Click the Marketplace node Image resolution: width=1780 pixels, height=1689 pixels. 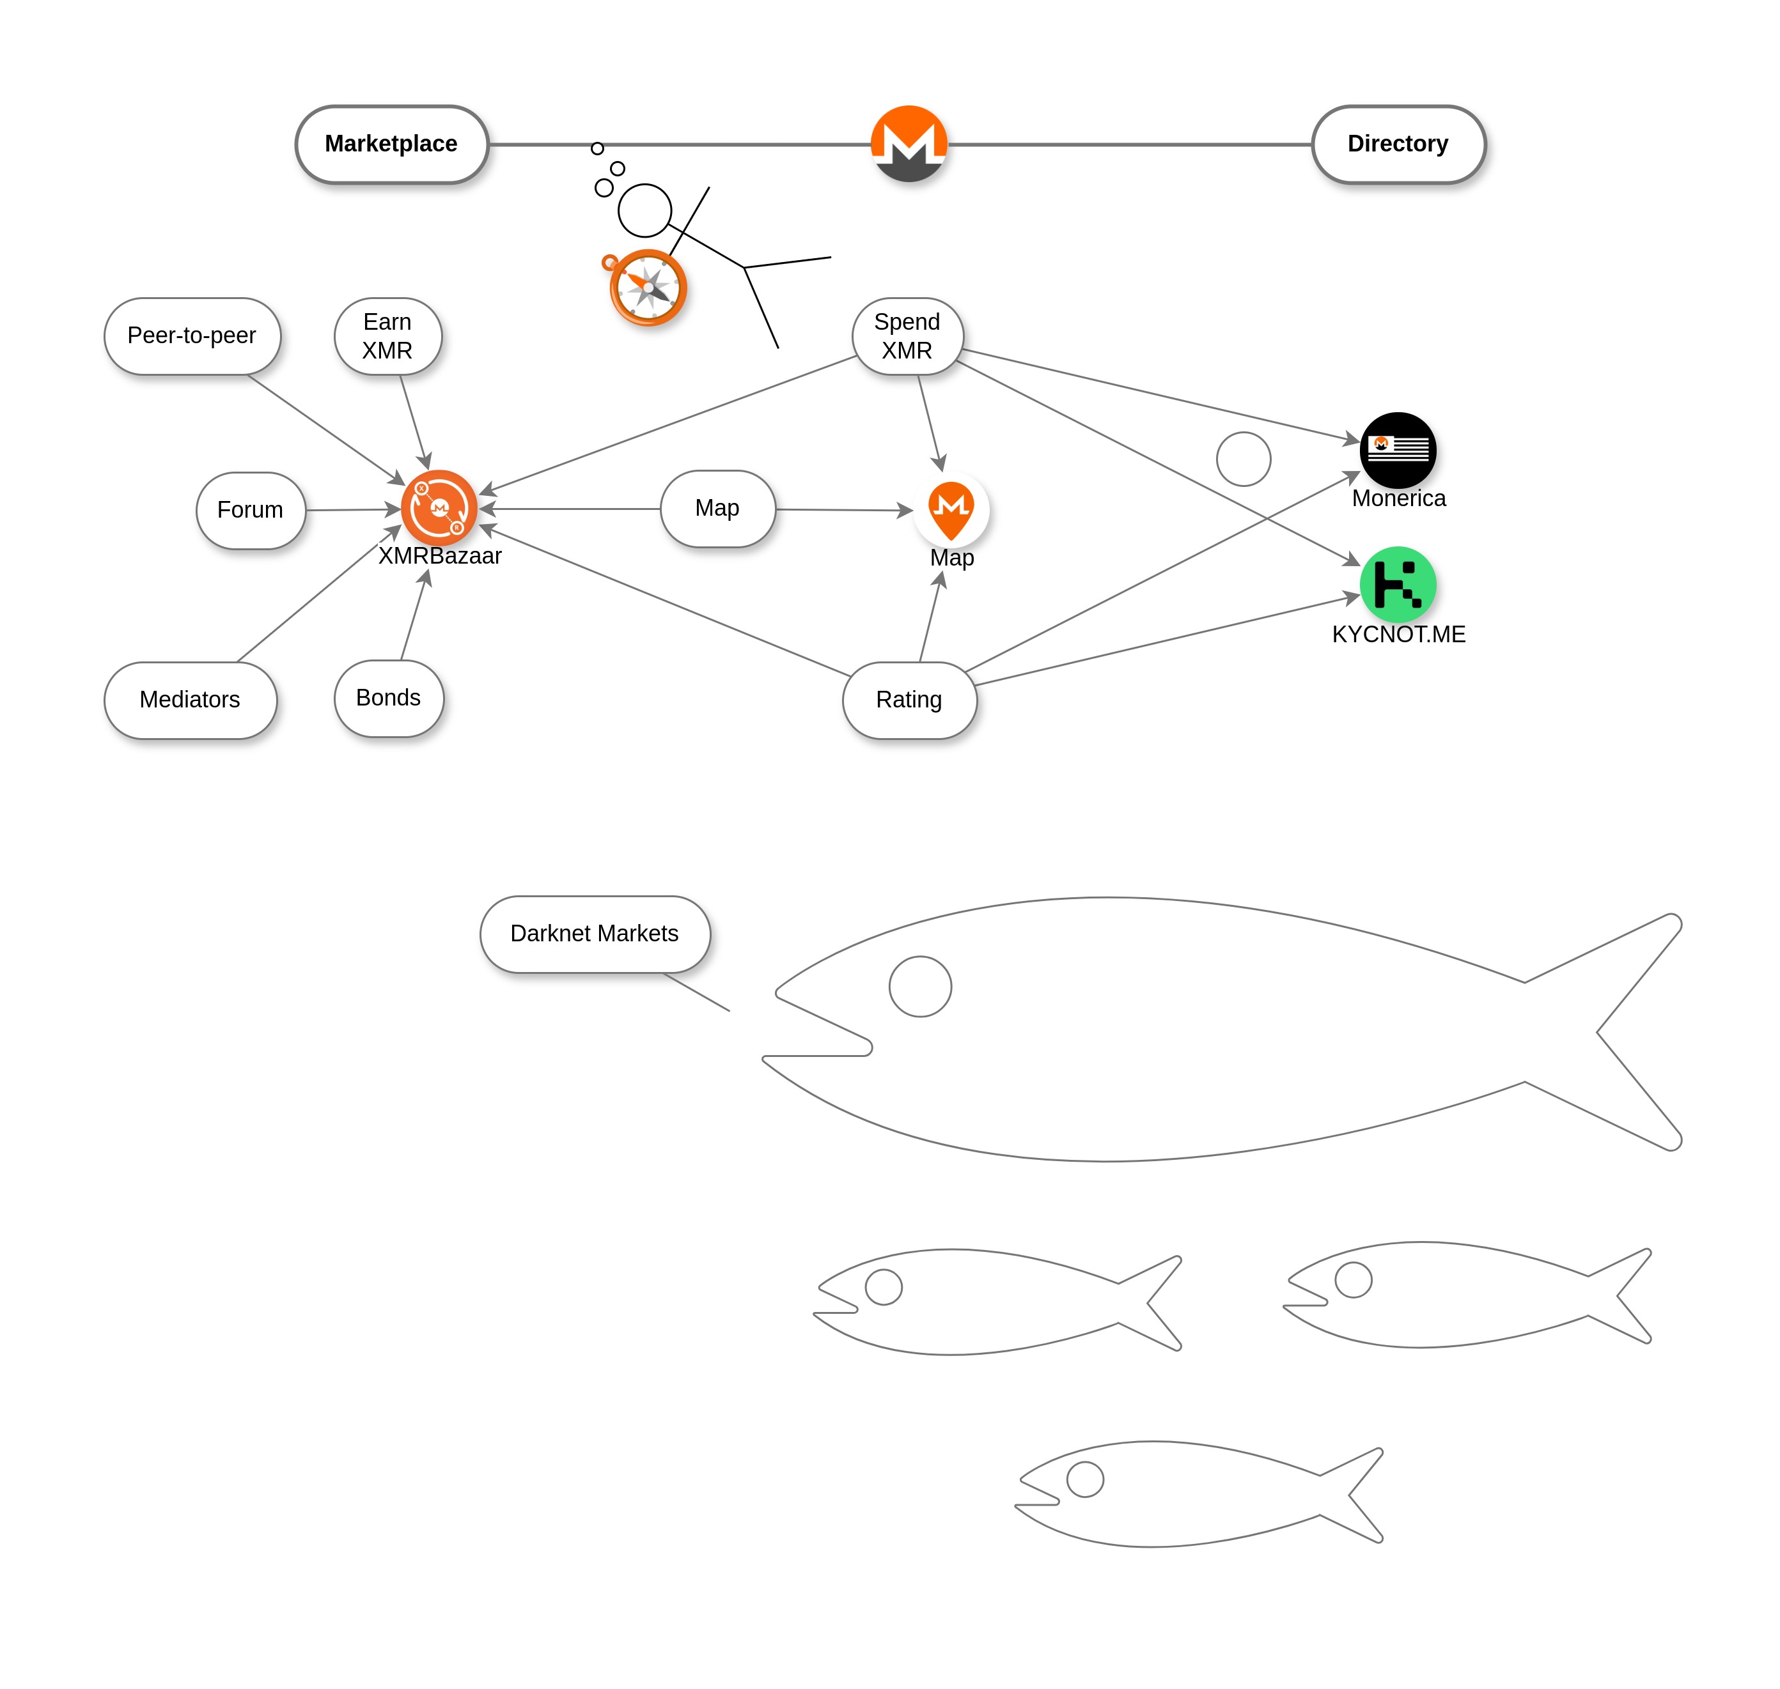tap(391, 144)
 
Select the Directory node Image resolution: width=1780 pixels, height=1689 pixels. tap(1397, 144)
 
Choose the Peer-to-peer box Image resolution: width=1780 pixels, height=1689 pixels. tap(192, 336)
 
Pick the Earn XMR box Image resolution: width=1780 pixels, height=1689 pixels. tap(387, 336)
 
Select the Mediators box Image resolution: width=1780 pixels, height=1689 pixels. tap(190, 700)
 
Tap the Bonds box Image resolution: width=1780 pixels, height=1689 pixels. tap(388, 698)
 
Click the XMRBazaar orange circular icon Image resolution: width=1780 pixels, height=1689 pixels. tap(439, 508)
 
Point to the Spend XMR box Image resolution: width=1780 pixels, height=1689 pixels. tap(907, 336)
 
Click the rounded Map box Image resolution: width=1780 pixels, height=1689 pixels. tap(717, 508)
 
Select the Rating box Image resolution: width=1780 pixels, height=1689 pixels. tap(909, 700)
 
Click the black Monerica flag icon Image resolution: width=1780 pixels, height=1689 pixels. tap(1397, 449)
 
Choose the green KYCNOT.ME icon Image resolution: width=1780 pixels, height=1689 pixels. tap(1397, 584)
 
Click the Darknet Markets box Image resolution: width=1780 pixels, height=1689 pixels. tap(595, 934)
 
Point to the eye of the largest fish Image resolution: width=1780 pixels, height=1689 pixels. tap(919, 986)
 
